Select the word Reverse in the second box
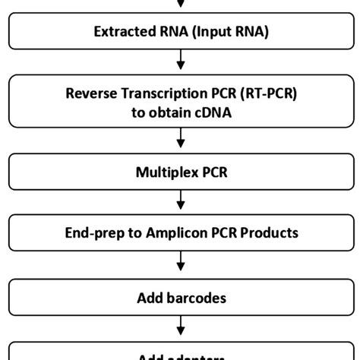point(90,95)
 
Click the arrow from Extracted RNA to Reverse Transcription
point(180,60)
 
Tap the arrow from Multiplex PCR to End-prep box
point(180,201)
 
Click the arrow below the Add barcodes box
point(180,327)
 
